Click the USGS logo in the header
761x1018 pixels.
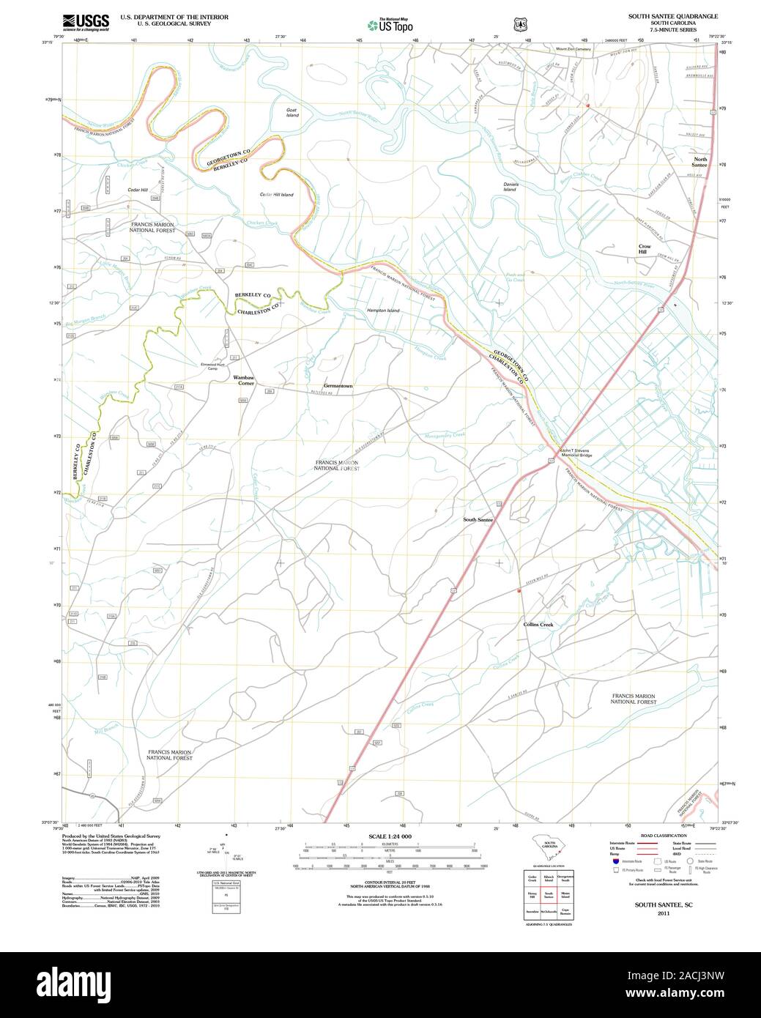tap(86, 22)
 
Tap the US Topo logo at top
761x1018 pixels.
tap(391, 24)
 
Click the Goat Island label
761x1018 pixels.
tap(292, 112)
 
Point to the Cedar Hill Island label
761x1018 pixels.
tap(276, 194)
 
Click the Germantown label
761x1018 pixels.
tap(338, 385)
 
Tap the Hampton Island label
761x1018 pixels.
tap(383, 311)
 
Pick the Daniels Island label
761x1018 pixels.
tap(510, 186)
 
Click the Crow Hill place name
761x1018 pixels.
tap(644, 249)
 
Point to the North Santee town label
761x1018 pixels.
tap(700, 162)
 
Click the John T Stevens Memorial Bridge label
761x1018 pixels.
tap(576, 453)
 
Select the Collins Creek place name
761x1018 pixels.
tap(538, 625)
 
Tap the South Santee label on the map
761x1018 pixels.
tap(478, 520)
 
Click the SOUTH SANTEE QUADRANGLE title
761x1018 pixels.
tap(673, 16)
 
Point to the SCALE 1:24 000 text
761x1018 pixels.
tap(390, 836)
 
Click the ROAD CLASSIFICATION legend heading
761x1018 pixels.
tap(663, 836)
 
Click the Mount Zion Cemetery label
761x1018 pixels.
tap(573, 49)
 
